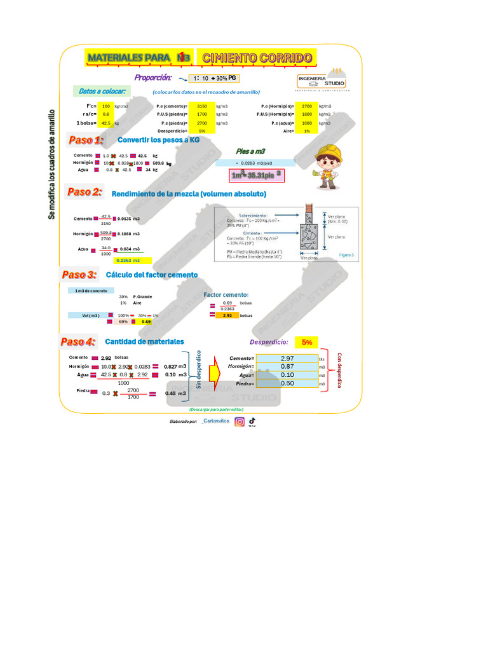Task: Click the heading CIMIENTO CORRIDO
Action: tap(257, 58)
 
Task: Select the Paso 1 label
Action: tap(85, 140)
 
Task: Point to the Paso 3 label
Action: tap(79, 275)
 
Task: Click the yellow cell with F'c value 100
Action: tap(106, 106)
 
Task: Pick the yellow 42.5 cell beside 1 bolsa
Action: tap(106, 123)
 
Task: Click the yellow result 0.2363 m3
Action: tap(133, 260)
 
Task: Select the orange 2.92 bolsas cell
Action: tap(227, 315)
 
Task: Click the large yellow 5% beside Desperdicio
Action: tap(307, 342)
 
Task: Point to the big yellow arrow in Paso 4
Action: tap(213, 371)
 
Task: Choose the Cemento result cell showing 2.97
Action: tap(287, 359)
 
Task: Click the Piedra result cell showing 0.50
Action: tap(287, 383)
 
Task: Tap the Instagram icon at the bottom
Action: tap(240, 421)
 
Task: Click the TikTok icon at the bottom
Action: tap(252, 421)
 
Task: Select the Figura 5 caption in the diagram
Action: tap(346, 254)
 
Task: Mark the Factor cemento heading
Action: tap(226, 295)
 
